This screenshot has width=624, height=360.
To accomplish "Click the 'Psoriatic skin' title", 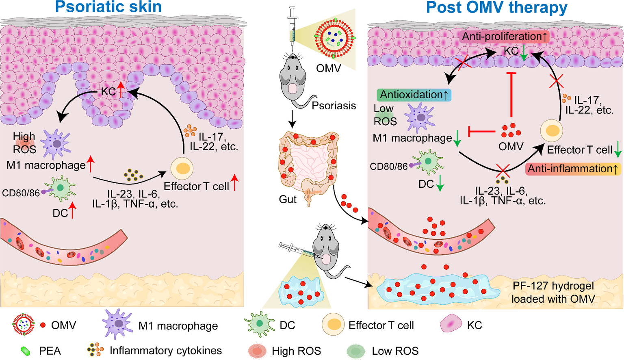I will tap(108, 7).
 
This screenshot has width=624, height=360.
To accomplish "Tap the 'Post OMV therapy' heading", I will tap(496, 7).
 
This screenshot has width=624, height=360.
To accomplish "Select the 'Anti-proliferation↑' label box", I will tap(505, 37).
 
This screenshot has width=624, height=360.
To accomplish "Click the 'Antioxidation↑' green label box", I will tap(414, 95).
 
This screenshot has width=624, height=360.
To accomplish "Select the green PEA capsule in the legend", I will tap(26, 351).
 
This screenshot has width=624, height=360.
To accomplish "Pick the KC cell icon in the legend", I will tap(451, 325).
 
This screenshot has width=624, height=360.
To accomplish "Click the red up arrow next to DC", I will tap(72, 211).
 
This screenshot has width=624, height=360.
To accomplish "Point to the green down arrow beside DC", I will tap(440, 185).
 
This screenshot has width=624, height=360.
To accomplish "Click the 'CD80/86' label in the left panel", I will tap(21, 193).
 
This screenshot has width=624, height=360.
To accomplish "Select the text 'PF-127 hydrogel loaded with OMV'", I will tap(553, 293).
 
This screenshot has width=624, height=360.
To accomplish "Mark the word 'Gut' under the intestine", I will tap(288, 200).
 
